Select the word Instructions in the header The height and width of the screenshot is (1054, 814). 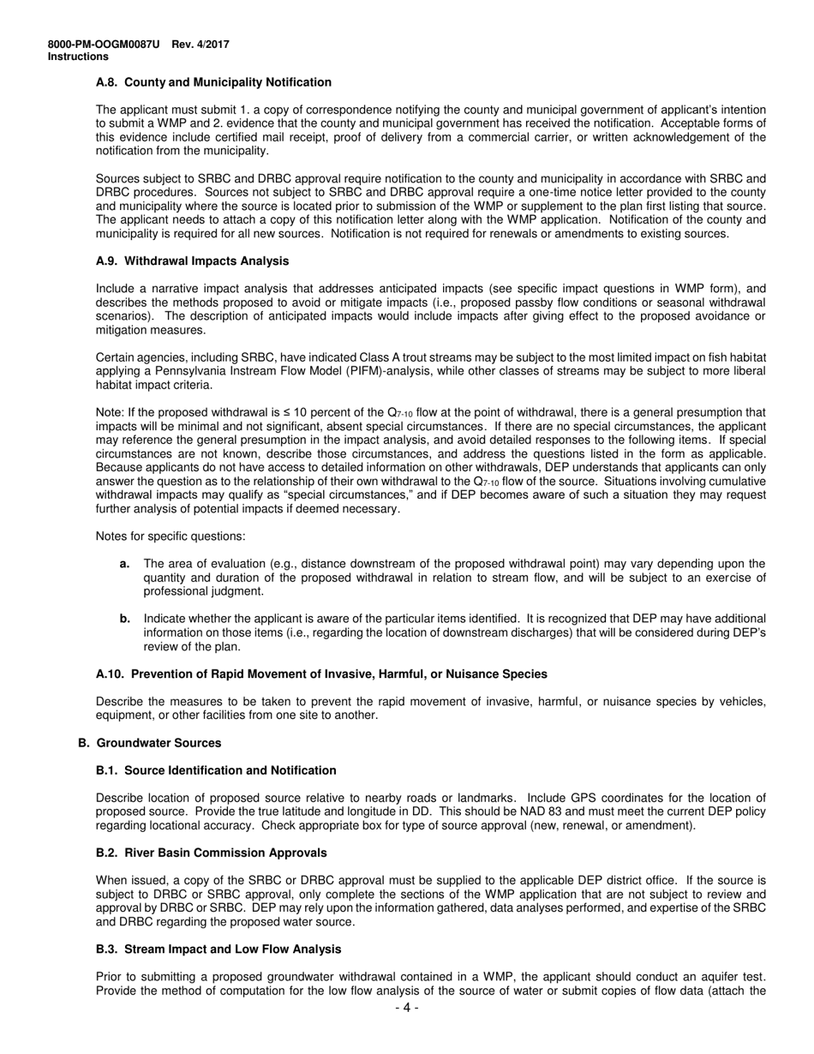pos(78,57)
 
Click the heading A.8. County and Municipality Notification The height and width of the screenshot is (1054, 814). pos(213,82)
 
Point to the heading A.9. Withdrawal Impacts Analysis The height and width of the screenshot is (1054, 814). pos(192,261)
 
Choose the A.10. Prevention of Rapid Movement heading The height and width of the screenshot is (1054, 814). pos(321,674)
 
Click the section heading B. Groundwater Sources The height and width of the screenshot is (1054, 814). pos(149,743)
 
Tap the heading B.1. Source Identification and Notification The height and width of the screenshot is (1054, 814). pos(216,770)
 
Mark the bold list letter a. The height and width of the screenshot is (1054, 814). pos(125,564)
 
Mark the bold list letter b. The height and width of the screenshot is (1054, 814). pos(125,619)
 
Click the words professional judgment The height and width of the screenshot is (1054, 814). pos(191,591)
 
